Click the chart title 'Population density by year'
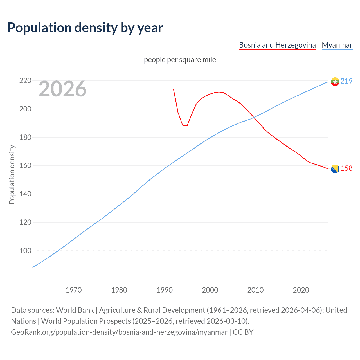coord(85,28)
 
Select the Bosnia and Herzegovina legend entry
coord(277,45)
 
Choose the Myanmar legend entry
coord(337,45)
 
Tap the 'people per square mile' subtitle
coord(180,60)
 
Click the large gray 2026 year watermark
coord(62,89)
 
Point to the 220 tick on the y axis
coord(25,81)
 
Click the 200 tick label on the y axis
coord(25,109)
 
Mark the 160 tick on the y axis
coord(25,165)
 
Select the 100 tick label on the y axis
coord(25,251)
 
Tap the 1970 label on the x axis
coord(74,290)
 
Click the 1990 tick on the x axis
coord(165,290)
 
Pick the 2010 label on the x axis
coord(255,290)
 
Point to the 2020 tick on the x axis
coord(301,290)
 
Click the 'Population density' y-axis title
coord(12,174)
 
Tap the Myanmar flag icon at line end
coord(335,82)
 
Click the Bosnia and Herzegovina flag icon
coord(335,169)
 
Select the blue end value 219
coord(346,81)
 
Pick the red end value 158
coord(346,168)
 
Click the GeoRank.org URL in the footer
coord(119,332)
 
